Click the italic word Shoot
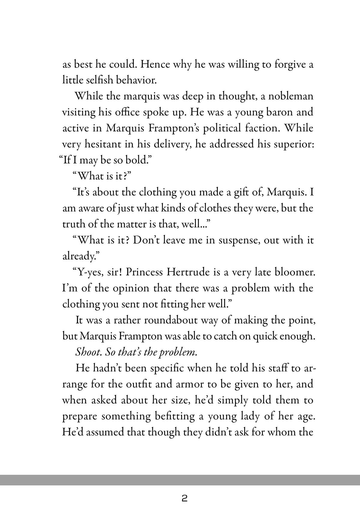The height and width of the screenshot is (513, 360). coord(87,352)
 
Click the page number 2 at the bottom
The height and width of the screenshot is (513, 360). coord(184,499)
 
